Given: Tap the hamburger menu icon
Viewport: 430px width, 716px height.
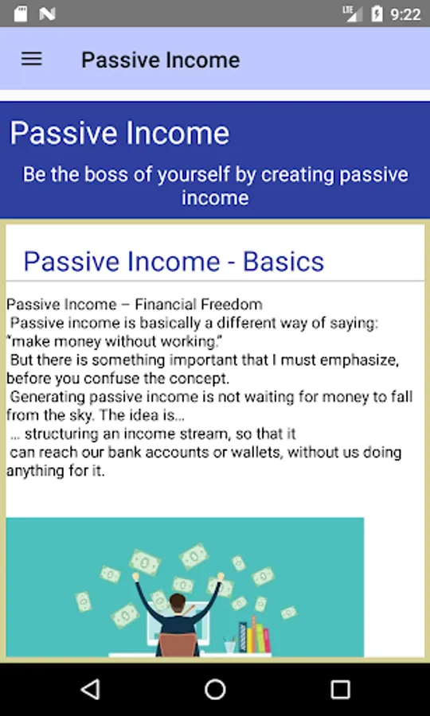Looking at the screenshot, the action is click(32, 59).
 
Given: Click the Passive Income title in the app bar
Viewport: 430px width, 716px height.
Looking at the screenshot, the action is click(160, 60).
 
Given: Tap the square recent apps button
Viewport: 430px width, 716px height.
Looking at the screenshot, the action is click(340, 690).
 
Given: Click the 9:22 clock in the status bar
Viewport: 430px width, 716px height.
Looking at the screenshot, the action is click(405, 14).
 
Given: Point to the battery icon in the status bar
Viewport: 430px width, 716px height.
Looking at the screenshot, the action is click(377, 14).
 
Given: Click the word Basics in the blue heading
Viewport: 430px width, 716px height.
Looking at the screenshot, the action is click(283, 262).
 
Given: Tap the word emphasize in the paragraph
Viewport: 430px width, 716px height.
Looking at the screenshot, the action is click(364, 360).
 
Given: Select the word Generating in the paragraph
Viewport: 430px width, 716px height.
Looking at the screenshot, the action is click(48, 397).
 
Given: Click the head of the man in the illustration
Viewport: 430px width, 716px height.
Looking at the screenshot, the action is click(178, 601).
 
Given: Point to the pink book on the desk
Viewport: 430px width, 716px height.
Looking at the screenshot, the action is click(266, 640).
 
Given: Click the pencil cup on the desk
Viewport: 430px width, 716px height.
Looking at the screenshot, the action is click(229, 646).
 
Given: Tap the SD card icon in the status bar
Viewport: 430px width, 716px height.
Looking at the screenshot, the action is click(21, 14).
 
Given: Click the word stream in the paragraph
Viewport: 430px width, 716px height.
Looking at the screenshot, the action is click(206, 434).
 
